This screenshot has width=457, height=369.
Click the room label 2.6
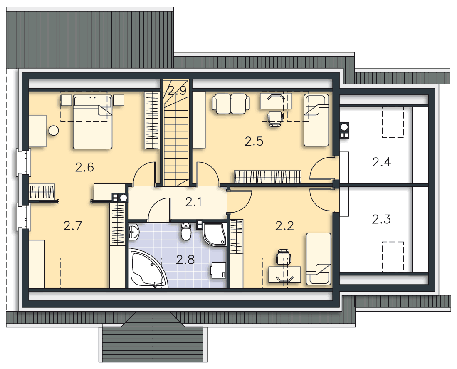(x=84, y=167)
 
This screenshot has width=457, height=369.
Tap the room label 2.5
(x=254, y=141)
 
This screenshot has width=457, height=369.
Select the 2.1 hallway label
(x=193, y=202)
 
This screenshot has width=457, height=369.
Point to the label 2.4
(x=381, y=162)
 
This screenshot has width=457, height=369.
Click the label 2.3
(x=381, y=219)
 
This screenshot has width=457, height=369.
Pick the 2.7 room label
(x=73, y=225)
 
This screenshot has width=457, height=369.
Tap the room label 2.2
(x=284, y=225)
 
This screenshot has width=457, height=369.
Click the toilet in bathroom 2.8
(x=185, y=232)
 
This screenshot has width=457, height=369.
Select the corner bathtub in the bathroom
(x=148, y=269)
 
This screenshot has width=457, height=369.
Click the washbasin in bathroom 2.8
(x=134, y=232)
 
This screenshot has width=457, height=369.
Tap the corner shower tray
(x=215, y=235)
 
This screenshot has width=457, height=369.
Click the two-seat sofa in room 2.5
(x=231, y=104)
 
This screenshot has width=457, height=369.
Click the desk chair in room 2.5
(x=275, y=119)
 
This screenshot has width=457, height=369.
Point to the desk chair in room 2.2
(x=284, y=257)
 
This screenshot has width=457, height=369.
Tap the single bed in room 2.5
(x=316, y=120)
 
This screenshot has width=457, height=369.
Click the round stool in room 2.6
(x=54, y=130)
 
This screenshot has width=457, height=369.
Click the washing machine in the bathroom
(x=218, y=270)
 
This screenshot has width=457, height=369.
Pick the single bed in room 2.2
(x=319, y=259)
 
